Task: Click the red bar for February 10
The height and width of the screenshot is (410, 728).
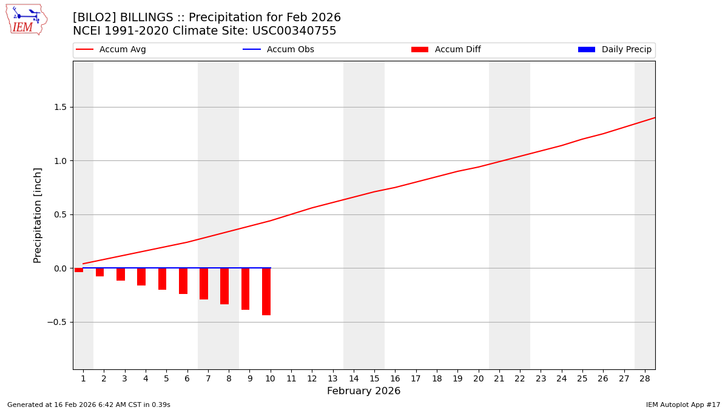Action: point(266,292)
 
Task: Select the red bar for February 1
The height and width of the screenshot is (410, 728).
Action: point(79,270)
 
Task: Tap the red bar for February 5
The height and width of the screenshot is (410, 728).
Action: point(162,279)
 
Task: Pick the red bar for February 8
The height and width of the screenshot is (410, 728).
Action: point(224,286)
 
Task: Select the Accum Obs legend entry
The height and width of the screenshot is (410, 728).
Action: point(278,50)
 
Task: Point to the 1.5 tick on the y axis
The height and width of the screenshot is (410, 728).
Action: point(58,108)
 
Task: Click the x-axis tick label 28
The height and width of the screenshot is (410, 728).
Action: point(644,378)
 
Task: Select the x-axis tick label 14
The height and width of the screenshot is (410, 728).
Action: point(353,378)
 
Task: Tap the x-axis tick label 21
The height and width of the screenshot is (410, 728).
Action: point(499,378)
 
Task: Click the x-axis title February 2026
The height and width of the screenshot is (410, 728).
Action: point(363,391)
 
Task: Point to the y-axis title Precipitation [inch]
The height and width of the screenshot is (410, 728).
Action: point(38,215)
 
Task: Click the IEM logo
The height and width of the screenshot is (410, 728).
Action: point(26,19)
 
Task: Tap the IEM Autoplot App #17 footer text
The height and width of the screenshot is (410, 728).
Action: point(682,405)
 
